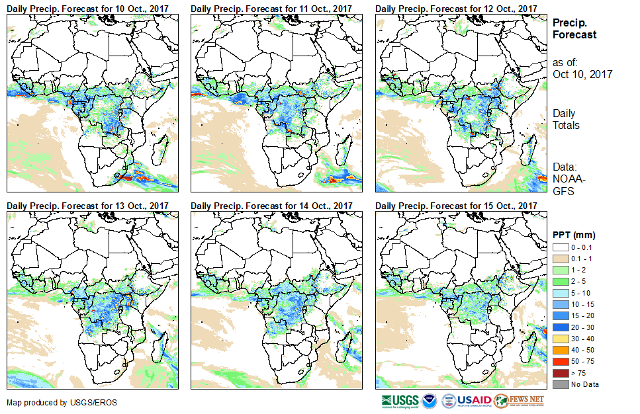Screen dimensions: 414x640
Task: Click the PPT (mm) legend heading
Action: (574, 235)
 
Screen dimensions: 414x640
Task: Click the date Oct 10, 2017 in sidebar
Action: (582, 74)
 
